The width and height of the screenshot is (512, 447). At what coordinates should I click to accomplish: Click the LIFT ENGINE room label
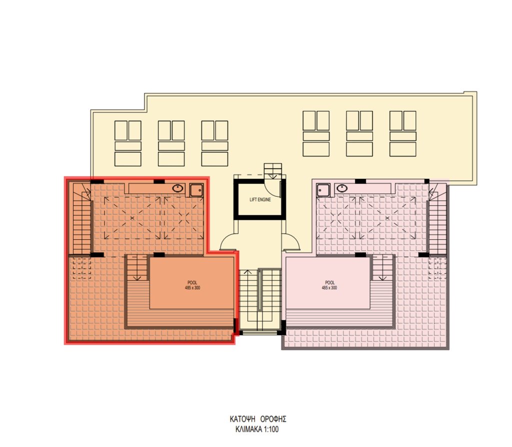click(260, 200)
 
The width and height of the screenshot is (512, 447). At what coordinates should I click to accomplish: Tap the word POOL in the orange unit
click(192, 283)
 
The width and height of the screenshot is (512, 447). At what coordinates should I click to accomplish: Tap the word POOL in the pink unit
click(330, 283)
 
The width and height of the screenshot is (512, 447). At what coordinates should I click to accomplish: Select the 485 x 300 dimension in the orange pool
click(192, 288)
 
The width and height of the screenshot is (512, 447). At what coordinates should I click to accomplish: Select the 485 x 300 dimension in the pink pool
click(329, 288)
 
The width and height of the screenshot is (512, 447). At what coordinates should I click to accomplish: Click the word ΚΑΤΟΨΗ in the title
click(242, 419)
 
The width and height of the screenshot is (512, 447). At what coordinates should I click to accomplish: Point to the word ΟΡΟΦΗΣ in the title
click(273, 419)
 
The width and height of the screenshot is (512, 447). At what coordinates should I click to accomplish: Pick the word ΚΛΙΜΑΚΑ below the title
click(248, 429)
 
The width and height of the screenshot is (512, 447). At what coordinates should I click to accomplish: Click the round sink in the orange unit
click(177, 188)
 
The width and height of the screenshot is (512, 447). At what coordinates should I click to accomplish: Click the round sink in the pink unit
click(342, 188)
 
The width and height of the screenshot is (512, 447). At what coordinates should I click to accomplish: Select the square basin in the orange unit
click(196, 190)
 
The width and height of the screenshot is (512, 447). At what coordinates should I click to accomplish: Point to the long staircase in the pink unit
click(437, 219)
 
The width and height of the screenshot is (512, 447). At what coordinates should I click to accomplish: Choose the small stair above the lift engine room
click(272, 171)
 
